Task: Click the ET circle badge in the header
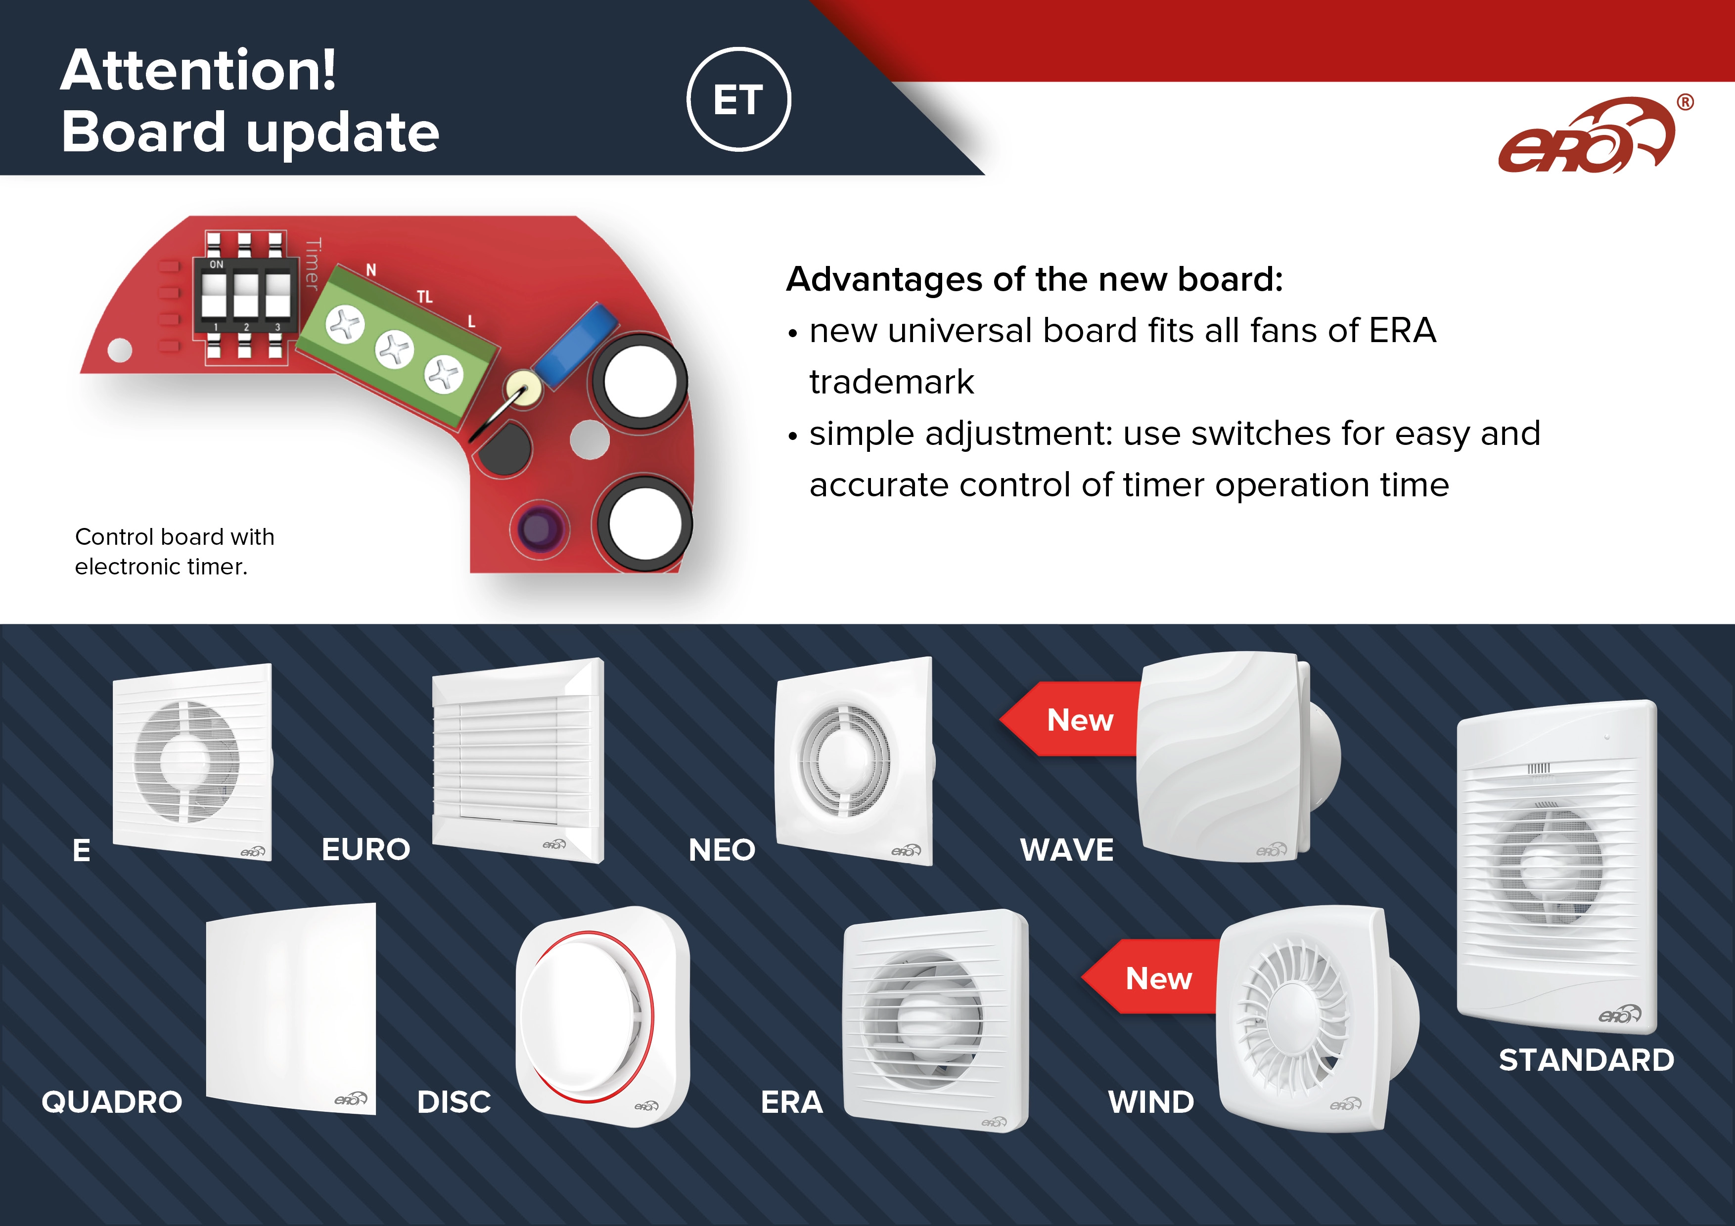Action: (x=738, y=100)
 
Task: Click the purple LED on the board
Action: (x=539, y=526)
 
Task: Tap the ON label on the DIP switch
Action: (x=216, y=264)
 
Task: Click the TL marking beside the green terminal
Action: (x=425, y=297)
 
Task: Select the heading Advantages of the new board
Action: (x=1034, y=279)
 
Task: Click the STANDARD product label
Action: (x=1586, y=1060)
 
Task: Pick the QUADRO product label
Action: (x=112, y=1102)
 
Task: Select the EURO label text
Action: (x=365, y=850)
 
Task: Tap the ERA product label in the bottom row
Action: (x=791, y=1102)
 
